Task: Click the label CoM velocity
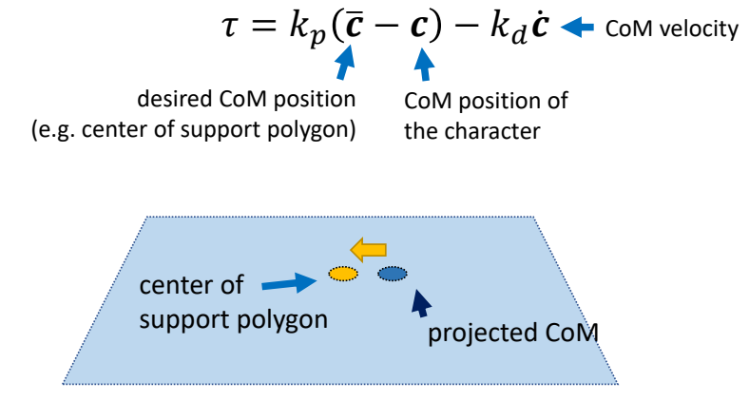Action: tap(672, 29)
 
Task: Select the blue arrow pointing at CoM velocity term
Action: tap(579, 29)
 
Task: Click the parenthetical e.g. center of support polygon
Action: tap(193, 128)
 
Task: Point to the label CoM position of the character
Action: tap(486, 113)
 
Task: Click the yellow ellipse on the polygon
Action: tap(343, 275)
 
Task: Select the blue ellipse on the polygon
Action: tap(393, 275)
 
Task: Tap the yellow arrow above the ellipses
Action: tap(368, 250)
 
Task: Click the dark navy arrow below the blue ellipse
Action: tap(418, 303)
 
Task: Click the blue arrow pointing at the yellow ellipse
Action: tap(290, 282)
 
